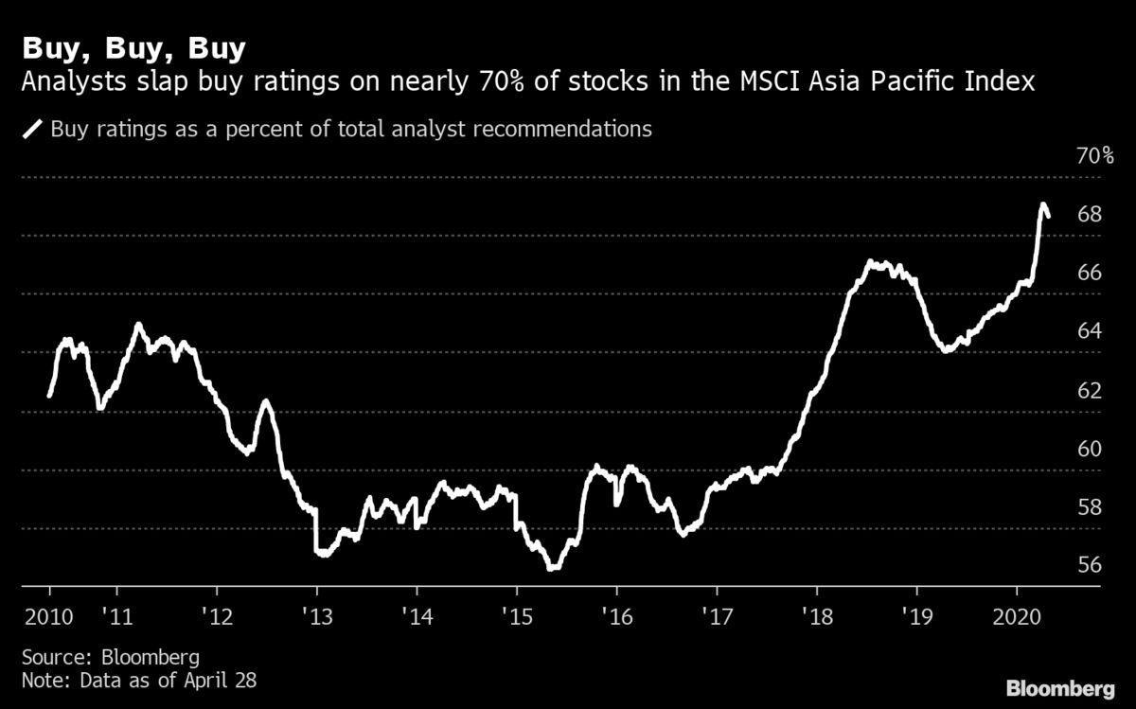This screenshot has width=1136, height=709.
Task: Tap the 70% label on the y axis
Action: point(1095,156)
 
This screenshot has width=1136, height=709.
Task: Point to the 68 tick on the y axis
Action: point(1091,215)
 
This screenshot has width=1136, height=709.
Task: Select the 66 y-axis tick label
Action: point(1091,274)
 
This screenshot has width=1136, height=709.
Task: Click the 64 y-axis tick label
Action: point(1091,331)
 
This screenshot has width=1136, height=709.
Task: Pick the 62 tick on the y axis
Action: point(1091,390)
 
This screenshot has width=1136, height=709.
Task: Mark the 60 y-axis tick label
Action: point(1091,449)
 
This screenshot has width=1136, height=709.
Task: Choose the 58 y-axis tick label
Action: point(1091,507)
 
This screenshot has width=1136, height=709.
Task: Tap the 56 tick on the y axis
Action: point(1091,566)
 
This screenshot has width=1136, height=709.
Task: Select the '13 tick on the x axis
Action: point(316,613)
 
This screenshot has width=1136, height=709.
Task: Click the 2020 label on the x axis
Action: point(1016,613)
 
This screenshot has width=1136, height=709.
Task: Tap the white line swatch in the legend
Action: point(34,129)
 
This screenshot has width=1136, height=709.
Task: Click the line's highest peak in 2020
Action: point(1043,204)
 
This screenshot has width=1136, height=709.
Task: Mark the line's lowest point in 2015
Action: point(553,568)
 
